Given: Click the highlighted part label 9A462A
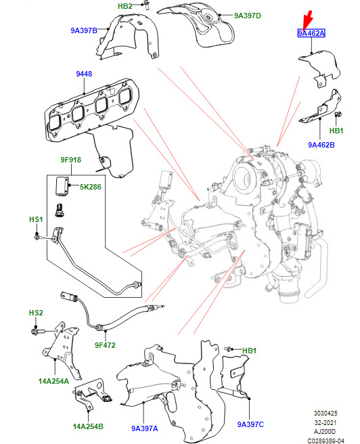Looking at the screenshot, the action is pyautogui.click(x=311, y=33).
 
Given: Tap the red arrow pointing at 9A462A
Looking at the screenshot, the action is pyautogui.click(x=307, y=20).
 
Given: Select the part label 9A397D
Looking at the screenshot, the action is pyautogui.click(x=248, y=16).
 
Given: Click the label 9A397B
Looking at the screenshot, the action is pyautogui.click(x=84, y=30).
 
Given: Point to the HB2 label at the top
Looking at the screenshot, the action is pyautogui.click(x=125, y=6).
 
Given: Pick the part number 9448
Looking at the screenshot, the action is pyautogui.click(x=84, y=74).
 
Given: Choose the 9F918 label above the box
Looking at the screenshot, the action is pyautogui.click(x=71, y=160).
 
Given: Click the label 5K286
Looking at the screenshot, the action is pyautogui.click(x=90, y=187).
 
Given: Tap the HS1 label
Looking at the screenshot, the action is pyautogui.click(x=36, y=219).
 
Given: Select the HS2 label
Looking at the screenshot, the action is pyautogui.click(x=36, y=313).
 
